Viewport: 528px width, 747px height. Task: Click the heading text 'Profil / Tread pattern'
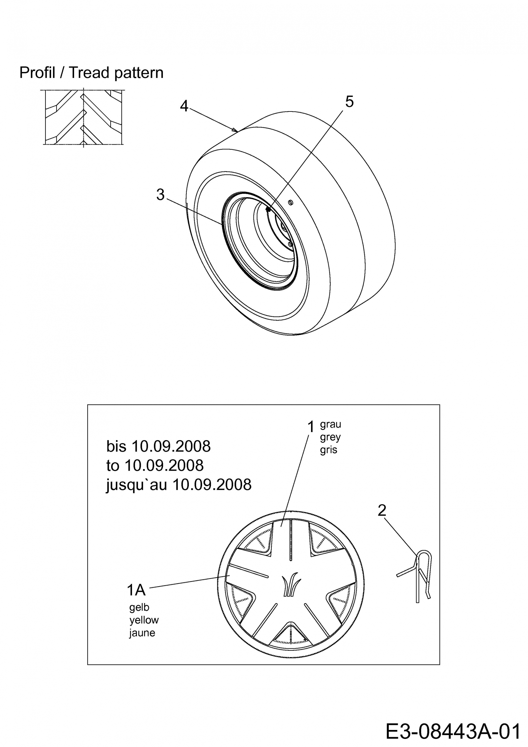pyautogui.click(x=91, y=73)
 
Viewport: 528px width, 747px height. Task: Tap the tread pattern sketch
pyautogui.click(x=84, y=117)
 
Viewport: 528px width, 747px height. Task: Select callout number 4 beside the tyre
pyautogui.click(x=184, y=106)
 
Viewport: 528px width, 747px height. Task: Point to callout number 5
pyautogui.click(x=349, y=102)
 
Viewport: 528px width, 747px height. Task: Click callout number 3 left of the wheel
pyautogui.click(x=160, y=195)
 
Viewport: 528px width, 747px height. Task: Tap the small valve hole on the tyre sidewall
pyautogui.click(x=291, y=202)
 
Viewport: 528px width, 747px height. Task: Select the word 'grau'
pyautogui.click(x=330, y=425)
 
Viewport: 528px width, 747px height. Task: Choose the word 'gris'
pyautogui.click(x=329, y=450)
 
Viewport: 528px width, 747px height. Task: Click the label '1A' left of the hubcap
pyautogui.click(x=136, y=590)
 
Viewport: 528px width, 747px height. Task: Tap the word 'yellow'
pyautogui.click(x=144, y=620)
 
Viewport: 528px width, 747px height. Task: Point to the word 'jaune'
pyautogui.click(x=142, y=633)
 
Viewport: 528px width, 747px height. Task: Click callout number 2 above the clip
pyautogui.click(x=382, y=510)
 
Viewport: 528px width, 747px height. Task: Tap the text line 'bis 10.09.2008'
pyautogui.click(x=158, y=446)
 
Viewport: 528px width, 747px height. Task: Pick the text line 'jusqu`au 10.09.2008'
pyautogui.click(x=179, y=484)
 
